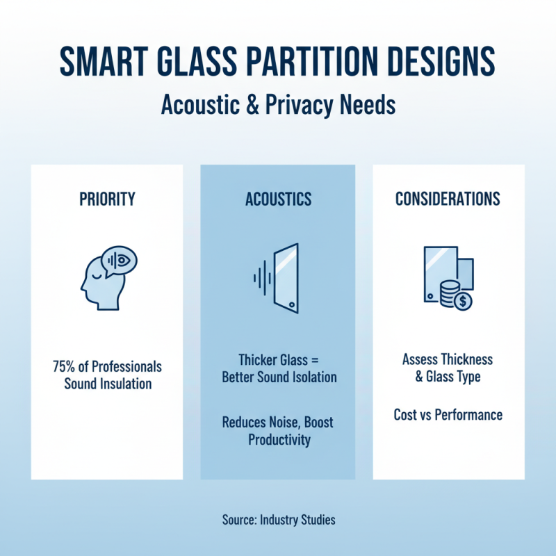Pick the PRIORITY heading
107,199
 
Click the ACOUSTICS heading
278,199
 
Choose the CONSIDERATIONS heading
448,199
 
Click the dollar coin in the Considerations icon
462,301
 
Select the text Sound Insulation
108,383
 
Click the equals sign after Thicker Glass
313,361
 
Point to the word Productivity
278,439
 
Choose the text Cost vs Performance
448,415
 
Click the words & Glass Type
448,376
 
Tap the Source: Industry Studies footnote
278,519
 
